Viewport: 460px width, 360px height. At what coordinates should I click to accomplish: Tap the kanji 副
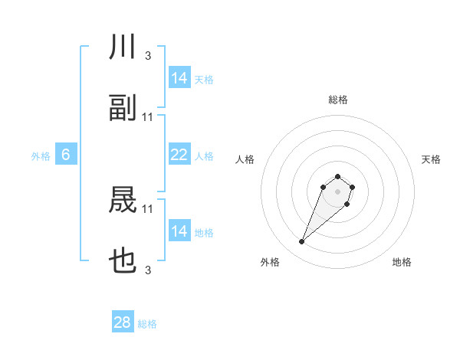coord(123,109)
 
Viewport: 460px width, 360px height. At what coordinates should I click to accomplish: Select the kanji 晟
coord(123,201)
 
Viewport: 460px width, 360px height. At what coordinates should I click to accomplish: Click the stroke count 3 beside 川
coord(147,56)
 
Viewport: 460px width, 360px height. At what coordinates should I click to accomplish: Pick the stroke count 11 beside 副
coord(148,117)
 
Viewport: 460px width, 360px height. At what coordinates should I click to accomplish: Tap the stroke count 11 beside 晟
coord(148,208)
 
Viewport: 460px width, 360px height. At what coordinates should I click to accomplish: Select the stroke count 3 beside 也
coord(147,270)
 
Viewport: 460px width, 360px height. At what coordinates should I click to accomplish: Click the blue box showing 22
coord(179,155)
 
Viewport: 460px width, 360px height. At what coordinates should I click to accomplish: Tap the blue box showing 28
coord(123,322)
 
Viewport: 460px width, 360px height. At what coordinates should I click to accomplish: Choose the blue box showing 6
coord(66,155)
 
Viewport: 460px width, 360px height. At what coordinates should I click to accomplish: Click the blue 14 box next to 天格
coord(179,78)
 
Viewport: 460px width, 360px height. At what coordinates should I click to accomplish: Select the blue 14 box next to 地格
coord(179,231)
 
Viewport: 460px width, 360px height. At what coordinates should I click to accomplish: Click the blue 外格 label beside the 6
coord(41,155)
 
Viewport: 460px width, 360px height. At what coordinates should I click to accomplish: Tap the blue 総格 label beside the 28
coord(147,324)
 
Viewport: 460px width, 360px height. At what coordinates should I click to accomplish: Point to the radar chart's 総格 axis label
coord(337,100)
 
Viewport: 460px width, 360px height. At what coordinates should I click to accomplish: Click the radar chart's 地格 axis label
coord(402,262)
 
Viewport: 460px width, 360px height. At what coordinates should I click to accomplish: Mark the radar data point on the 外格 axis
coord(302,242)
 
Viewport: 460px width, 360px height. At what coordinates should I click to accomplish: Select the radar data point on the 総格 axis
coord(337,174)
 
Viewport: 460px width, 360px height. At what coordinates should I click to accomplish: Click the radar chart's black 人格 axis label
coord(245,159)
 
